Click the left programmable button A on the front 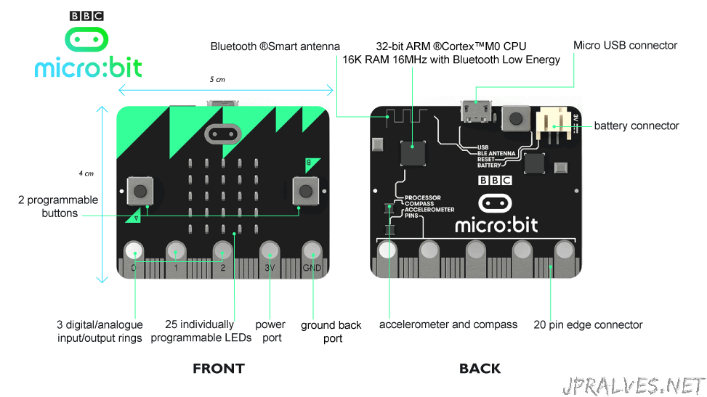tap(140, 191)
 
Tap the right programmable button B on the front tap(306, 191)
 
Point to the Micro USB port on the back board tap(476, 111)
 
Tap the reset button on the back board tap(515, 119)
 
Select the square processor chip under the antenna tap(413, 153)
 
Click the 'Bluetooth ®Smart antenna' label tap(275, 46)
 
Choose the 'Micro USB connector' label tap(625, 45)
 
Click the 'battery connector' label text tap(637, 126)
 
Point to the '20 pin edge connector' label tap(588, 325)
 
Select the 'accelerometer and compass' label tap(448, 324)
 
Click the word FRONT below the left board tap(219, 369)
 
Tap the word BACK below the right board tap(480, 369)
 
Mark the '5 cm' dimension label tap(217, 79)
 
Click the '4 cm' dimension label tap(86, 173)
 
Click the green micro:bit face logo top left tap(86, 39)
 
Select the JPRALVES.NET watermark tap(634, 386)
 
